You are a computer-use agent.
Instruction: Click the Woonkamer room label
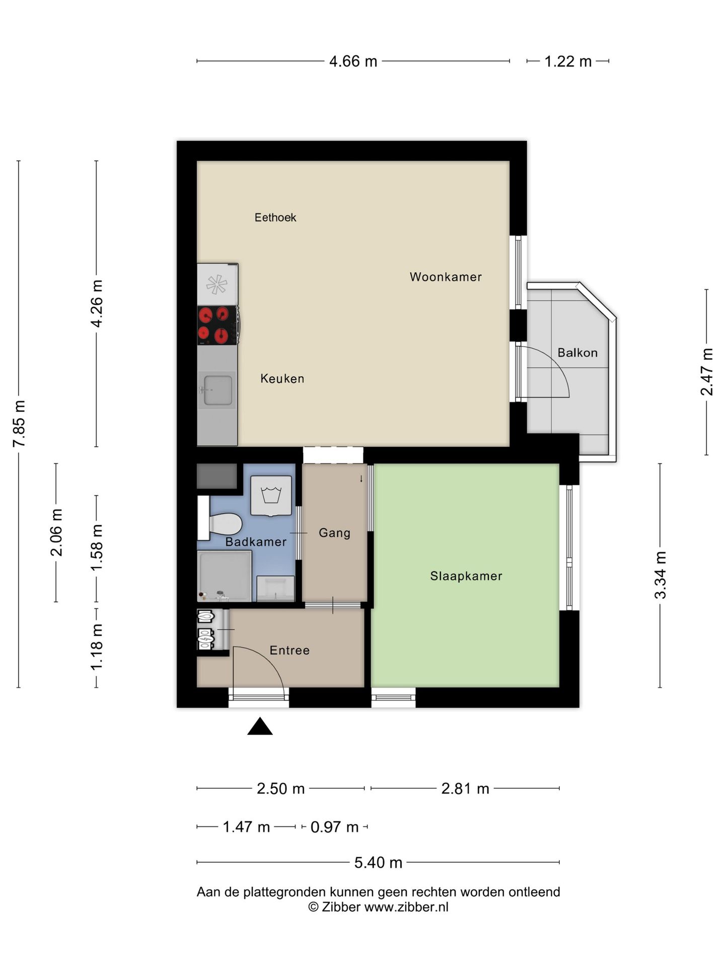(446, 277)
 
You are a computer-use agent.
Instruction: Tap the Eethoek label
(275, 218)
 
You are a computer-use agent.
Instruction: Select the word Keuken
(282, 378)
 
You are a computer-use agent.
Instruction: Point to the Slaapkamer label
(466, 576)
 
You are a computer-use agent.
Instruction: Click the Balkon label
(577, 353)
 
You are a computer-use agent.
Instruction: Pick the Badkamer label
(256, 542)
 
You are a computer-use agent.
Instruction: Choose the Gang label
(334, 533)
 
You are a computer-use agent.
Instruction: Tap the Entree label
(289, 650)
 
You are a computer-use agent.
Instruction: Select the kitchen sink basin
(217, 390)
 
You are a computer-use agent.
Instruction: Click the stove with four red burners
(217, 325)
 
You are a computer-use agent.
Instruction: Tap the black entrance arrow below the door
(260, 726)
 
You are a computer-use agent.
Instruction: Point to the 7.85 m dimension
(19, 424)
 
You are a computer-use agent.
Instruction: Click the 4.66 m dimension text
(353, 61)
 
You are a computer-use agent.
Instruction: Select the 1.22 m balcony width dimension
(568, 61)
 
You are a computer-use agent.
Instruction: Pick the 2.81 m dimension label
(465, 788)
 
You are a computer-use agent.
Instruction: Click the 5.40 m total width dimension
(378, 863)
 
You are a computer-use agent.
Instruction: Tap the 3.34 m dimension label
(660, 575)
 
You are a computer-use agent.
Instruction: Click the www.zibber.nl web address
(406, 907)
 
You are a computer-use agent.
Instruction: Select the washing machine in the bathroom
(271, 496)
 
